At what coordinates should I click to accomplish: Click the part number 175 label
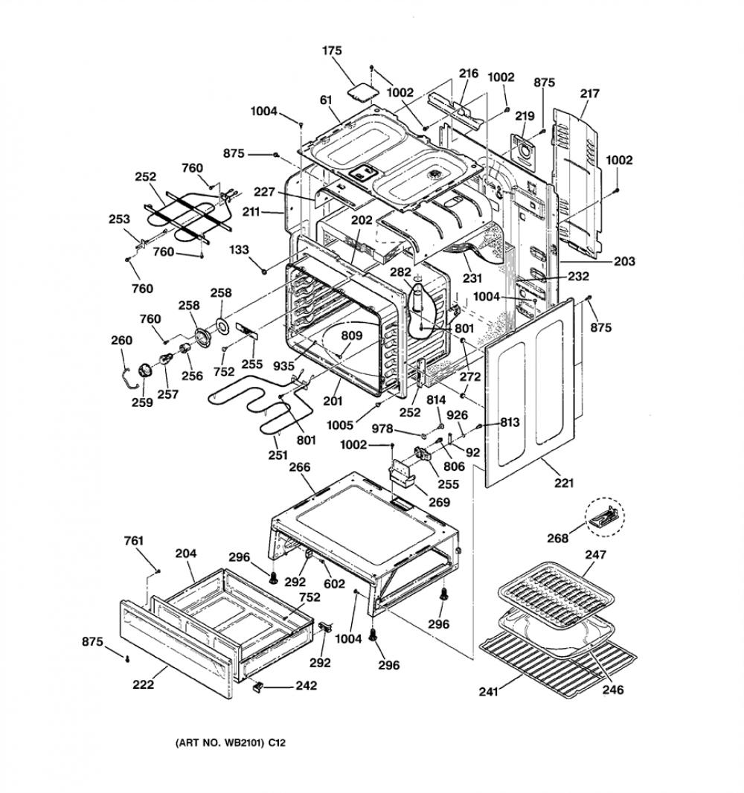pos(332,51)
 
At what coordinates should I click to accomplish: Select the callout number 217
pos(590,94)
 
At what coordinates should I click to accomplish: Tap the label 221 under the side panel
pos(564,483)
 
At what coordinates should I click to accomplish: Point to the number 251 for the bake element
pos(278,455)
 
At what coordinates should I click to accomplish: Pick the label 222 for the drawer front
pos(143,685)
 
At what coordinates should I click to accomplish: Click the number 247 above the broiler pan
pos(596,555)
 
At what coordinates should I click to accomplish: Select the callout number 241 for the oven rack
pos(489,692)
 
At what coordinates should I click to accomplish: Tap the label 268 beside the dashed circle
pos(557,539)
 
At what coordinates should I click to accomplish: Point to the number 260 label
pos(121,341)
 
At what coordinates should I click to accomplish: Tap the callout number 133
pos(239,249)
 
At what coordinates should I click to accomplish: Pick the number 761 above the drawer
pos(133,541)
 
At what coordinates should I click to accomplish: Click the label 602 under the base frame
pos(334,584)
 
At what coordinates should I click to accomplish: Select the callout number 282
pos(400,272)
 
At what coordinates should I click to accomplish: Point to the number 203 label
pos(625,261)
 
